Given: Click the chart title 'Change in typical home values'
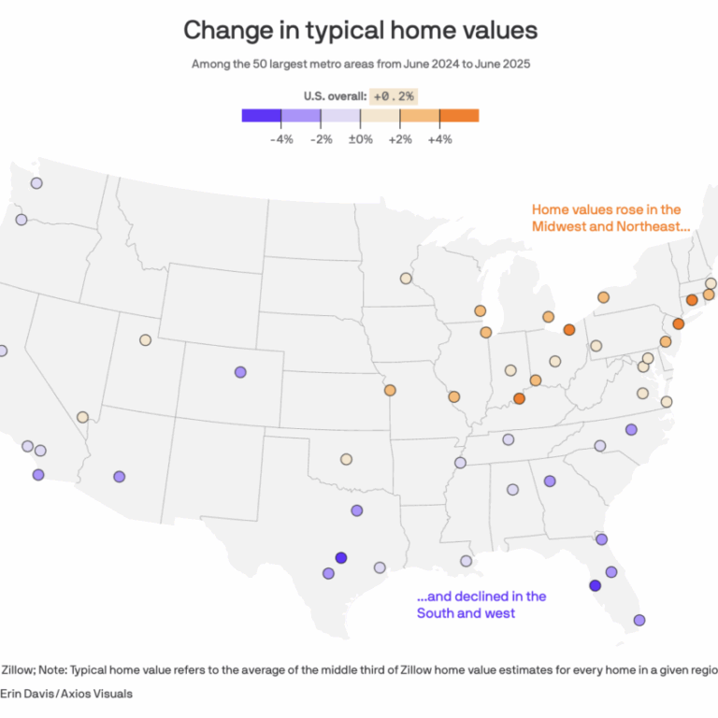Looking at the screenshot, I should (360, 30).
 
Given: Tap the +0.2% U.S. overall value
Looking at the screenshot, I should (394, 95).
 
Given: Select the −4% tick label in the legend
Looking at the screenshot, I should (281, 138).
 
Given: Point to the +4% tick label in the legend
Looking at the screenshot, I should (439, 138).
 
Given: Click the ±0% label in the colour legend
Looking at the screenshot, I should (361, 138).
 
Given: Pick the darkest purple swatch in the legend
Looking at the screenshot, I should (261, 116).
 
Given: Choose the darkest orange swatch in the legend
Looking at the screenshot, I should (459, 116).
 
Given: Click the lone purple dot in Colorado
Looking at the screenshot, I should (240, 371).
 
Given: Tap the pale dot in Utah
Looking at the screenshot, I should (146, 340).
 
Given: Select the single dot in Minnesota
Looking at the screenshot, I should (406, 279).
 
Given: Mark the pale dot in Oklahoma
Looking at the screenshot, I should (346, 459).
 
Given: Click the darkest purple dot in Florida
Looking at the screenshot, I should (595, 585).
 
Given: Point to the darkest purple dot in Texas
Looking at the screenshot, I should (341, 558).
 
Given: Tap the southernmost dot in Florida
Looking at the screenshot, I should (639, 620).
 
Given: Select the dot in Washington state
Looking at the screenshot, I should (36, 183).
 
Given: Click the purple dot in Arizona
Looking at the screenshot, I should (119, 476).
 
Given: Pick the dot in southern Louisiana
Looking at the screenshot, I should (466, 561).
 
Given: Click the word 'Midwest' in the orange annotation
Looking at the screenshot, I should (559, 227).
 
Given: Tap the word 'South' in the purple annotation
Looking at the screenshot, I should (435, 613).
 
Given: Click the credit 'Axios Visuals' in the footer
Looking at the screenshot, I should (93, 694).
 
